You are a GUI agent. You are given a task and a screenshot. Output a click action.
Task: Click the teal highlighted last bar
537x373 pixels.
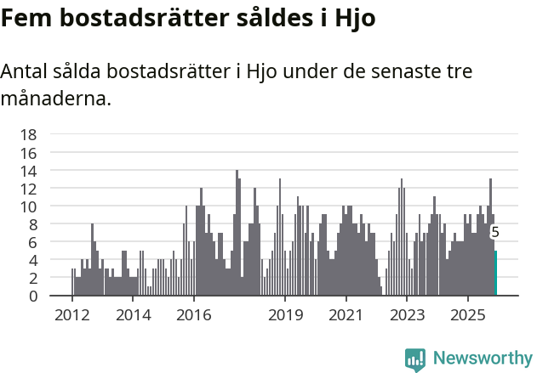point(495,273)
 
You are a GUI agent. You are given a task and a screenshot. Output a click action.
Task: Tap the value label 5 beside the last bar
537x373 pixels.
point(495,232)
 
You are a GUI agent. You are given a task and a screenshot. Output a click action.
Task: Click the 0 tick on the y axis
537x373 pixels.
point(32,296)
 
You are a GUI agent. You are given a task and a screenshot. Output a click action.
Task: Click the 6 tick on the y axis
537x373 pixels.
point(32,242)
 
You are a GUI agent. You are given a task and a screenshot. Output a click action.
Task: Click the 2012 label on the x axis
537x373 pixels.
point(71,315)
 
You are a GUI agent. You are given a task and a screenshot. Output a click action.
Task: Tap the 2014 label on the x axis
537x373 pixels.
point(133,315)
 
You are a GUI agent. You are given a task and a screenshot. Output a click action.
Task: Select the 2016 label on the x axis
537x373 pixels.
point(194,315)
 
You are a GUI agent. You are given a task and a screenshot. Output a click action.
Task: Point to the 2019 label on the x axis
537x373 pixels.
point(285,315)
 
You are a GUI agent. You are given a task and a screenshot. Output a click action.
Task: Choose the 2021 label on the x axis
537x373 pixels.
point(346,315)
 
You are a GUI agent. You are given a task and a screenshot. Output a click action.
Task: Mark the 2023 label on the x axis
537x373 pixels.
point(407,315)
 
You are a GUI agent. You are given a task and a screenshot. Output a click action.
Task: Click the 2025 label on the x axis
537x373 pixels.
point(468,315)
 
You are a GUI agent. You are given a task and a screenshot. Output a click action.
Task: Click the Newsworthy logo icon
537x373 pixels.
point(415,359)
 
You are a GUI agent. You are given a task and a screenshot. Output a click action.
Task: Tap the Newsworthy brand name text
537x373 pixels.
point(483,359)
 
